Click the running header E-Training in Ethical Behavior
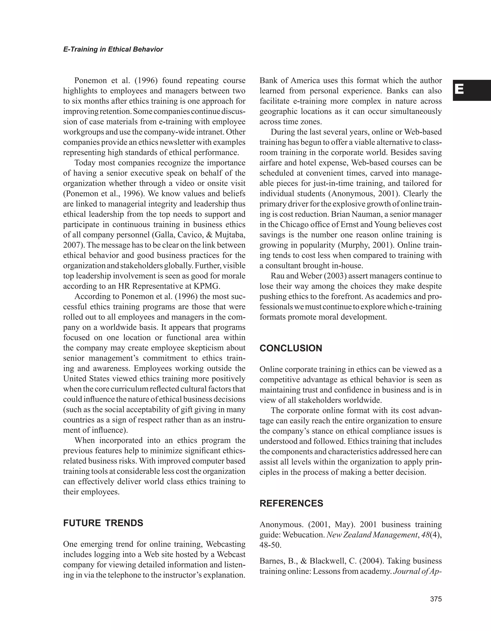point(113,49)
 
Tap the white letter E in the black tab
point(459,90)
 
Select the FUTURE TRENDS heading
point(103,523)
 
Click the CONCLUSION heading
point(291,348)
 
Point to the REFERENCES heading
point(291,503)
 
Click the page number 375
point(436,599)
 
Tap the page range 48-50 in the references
point(270,545)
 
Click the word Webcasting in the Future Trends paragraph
point(225,544)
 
